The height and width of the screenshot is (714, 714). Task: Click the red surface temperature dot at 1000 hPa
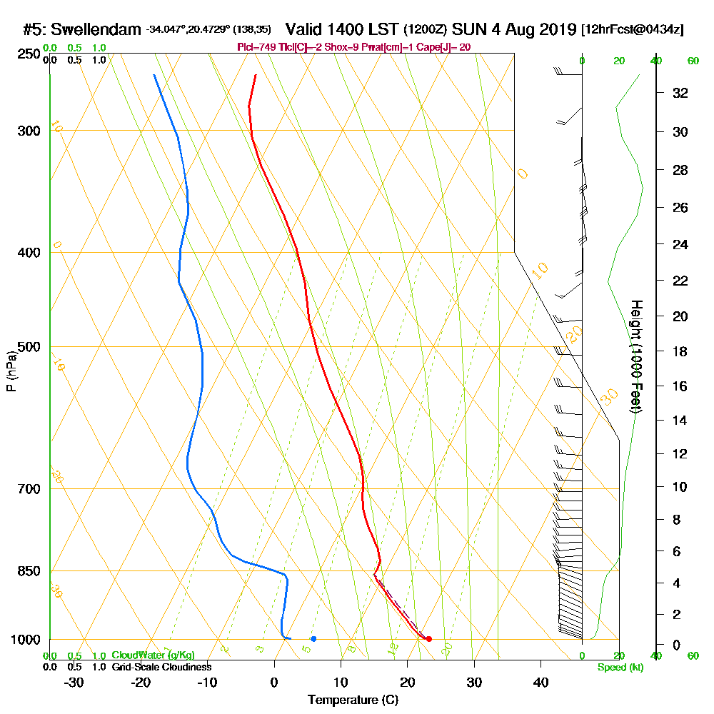click(428, 639)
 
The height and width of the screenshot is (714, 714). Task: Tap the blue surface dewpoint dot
click(313, 638)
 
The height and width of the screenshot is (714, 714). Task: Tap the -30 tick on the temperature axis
click(74, 682)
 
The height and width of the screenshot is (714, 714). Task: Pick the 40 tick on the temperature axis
click(541, 682)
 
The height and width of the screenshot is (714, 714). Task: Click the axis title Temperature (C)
click(353, 700)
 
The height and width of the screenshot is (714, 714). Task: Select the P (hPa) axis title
click(11, 371)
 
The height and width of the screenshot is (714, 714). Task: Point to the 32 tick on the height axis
click(680, 93)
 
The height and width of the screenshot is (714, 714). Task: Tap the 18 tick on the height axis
click(680, 351)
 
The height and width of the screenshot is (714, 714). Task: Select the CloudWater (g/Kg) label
click(153, 655)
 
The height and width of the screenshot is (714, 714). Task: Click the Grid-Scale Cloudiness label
click(161, 667)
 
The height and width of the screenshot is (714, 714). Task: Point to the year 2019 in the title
click(557, 30)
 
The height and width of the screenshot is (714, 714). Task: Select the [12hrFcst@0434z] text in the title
click(633, 30)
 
